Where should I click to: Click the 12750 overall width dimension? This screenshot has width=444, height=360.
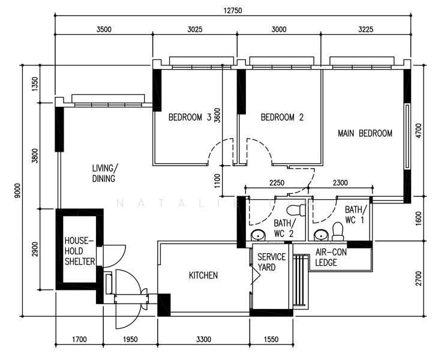[233, 11]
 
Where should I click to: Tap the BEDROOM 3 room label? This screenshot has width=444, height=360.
[190, 117]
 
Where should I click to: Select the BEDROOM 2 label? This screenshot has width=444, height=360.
[282, 117]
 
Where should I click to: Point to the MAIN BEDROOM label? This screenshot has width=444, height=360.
[365, 133]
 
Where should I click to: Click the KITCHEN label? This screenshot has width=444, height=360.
[203, 275]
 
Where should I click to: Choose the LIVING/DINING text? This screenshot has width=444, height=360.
[104, 173]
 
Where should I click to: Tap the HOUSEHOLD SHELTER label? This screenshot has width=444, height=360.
[80, 251]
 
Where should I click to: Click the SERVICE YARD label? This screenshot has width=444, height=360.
[271, 262]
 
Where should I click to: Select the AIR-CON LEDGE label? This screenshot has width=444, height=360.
[331, 257]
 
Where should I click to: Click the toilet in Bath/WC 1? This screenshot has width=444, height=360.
[338, 231]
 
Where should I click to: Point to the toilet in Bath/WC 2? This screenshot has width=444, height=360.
[296, 210]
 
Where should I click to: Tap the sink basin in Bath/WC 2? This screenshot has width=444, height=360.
[258, 235]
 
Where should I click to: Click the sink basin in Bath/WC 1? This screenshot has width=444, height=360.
[321, 235]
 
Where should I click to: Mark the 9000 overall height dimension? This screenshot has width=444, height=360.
[18, 191]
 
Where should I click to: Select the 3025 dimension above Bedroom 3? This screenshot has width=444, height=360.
[195, 29]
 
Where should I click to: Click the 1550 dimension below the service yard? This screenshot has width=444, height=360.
[271, 339]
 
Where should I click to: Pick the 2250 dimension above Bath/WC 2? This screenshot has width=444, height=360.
[277, 182]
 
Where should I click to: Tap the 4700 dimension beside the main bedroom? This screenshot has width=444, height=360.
[418, 131]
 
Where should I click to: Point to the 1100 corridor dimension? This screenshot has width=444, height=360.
[217, 181]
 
